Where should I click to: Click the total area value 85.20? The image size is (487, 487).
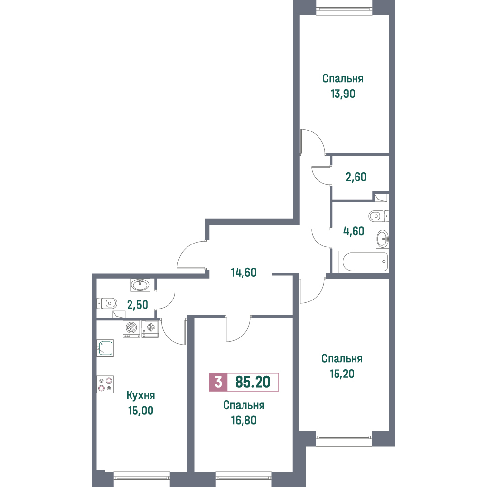(253, 382)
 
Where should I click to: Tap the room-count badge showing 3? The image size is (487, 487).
(218, 382)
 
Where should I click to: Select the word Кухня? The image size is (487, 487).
(141, 395)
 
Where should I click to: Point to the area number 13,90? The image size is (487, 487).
(342, 94)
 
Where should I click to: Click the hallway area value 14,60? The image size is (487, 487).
(244, 272)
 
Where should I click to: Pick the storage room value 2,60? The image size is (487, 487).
(356, 177)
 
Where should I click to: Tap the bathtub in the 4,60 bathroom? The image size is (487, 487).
(363, 262)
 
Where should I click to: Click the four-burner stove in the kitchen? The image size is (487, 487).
(105, 384)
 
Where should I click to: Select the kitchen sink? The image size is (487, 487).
(105, 348)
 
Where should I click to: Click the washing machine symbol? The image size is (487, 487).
(131, 329)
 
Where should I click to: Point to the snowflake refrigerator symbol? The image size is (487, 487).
(150, 329)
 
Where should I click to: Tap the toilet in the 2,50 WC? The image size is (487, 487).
(107, 303)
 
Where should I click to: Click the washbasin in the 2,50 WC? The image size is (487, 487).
(140, 284)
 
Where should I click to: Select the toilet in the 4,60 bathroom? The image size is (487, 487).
(378, 216)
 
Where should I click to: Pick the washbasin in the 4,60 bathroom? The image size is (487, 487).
(383, 239)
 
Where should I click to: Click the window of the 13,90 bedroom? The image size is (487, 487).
(344, 7)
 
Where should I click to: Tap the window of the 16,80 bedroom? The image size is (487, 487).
(243, 479)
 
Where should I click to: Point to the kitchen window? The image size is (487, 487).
(142, 479)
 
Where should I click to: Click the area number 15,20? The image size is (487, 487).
(342, 374)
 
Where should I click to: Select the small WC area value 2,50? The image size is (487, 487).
(137, 305)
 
